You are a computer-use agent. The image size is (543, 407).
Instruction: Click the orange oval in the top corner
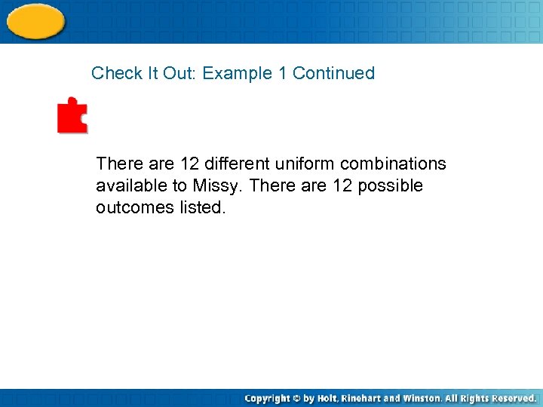click(35, 20)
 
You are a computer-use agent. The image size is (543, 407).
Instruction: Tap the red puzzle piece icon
click(72, 115)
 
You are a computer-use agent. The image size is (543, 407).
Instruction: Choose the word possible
click(390, 185)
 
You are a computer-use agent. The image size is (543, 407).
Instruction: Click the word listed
click(202, 207)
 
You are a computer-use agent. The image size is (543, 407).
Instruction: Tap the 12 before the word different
click(190, 164)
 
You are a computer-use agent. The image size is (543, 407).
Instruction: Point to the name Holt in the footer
click(328, 398)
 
